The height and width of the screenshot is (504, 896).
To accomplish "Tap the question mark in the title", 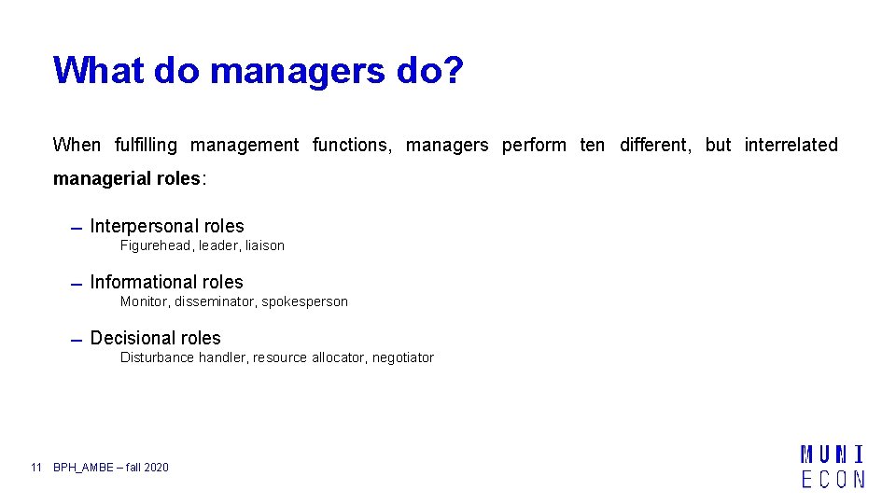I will click(453, 71).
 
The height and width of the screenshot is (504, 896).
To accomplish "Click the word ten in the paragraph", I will click(592, 145).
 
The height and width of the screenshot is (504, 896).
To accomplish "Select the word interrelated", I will click(791, 145).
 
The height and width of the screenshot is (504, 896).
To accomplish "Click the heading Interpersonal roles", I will click(167, 226).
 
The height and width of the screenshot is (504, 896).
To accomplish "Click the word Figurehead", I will click(155, 245).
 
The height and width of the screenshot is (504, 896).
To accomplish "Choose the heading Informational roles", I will click(166, 282).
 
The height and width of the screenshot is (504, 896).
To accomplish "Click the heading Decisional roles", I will click(156, 338).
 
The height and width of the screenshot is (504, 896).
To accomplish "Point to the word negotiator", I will click(403, 357).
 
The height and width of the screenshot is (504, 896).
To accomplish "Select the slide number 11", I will click(36, 467).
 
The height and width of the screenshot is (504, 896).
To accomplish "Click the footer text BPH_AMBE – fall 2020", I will click(111, 467).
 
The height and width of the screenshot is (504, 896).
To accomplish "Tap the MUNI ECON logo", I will click(833, 467).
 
